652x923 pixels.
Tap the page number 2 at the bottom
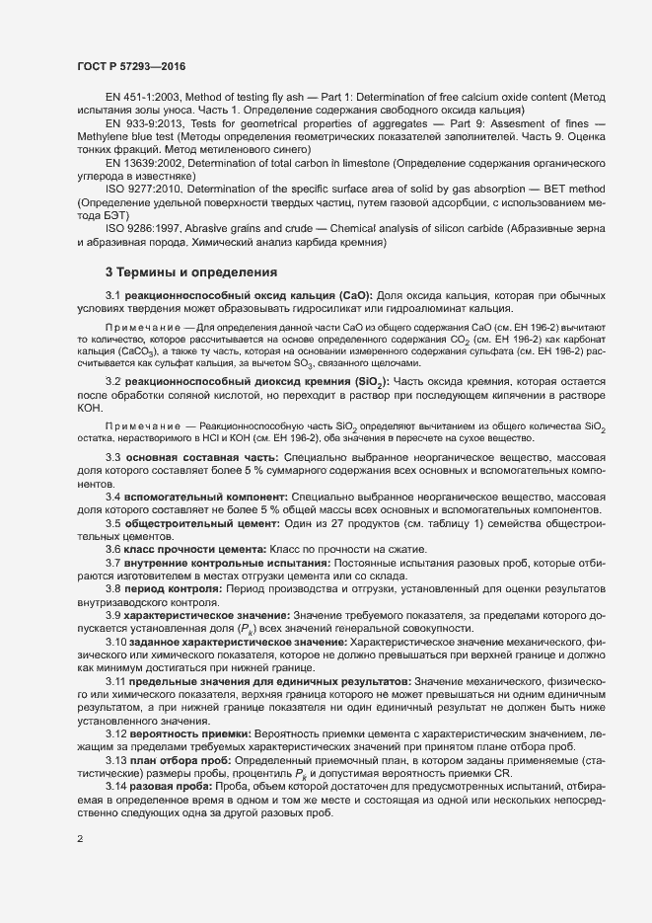click(x=80, y=839)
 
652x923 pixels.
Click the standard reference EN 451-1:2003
click(x=143, y=99)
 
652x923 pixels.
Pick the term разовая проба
click(x=171, y=786)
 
